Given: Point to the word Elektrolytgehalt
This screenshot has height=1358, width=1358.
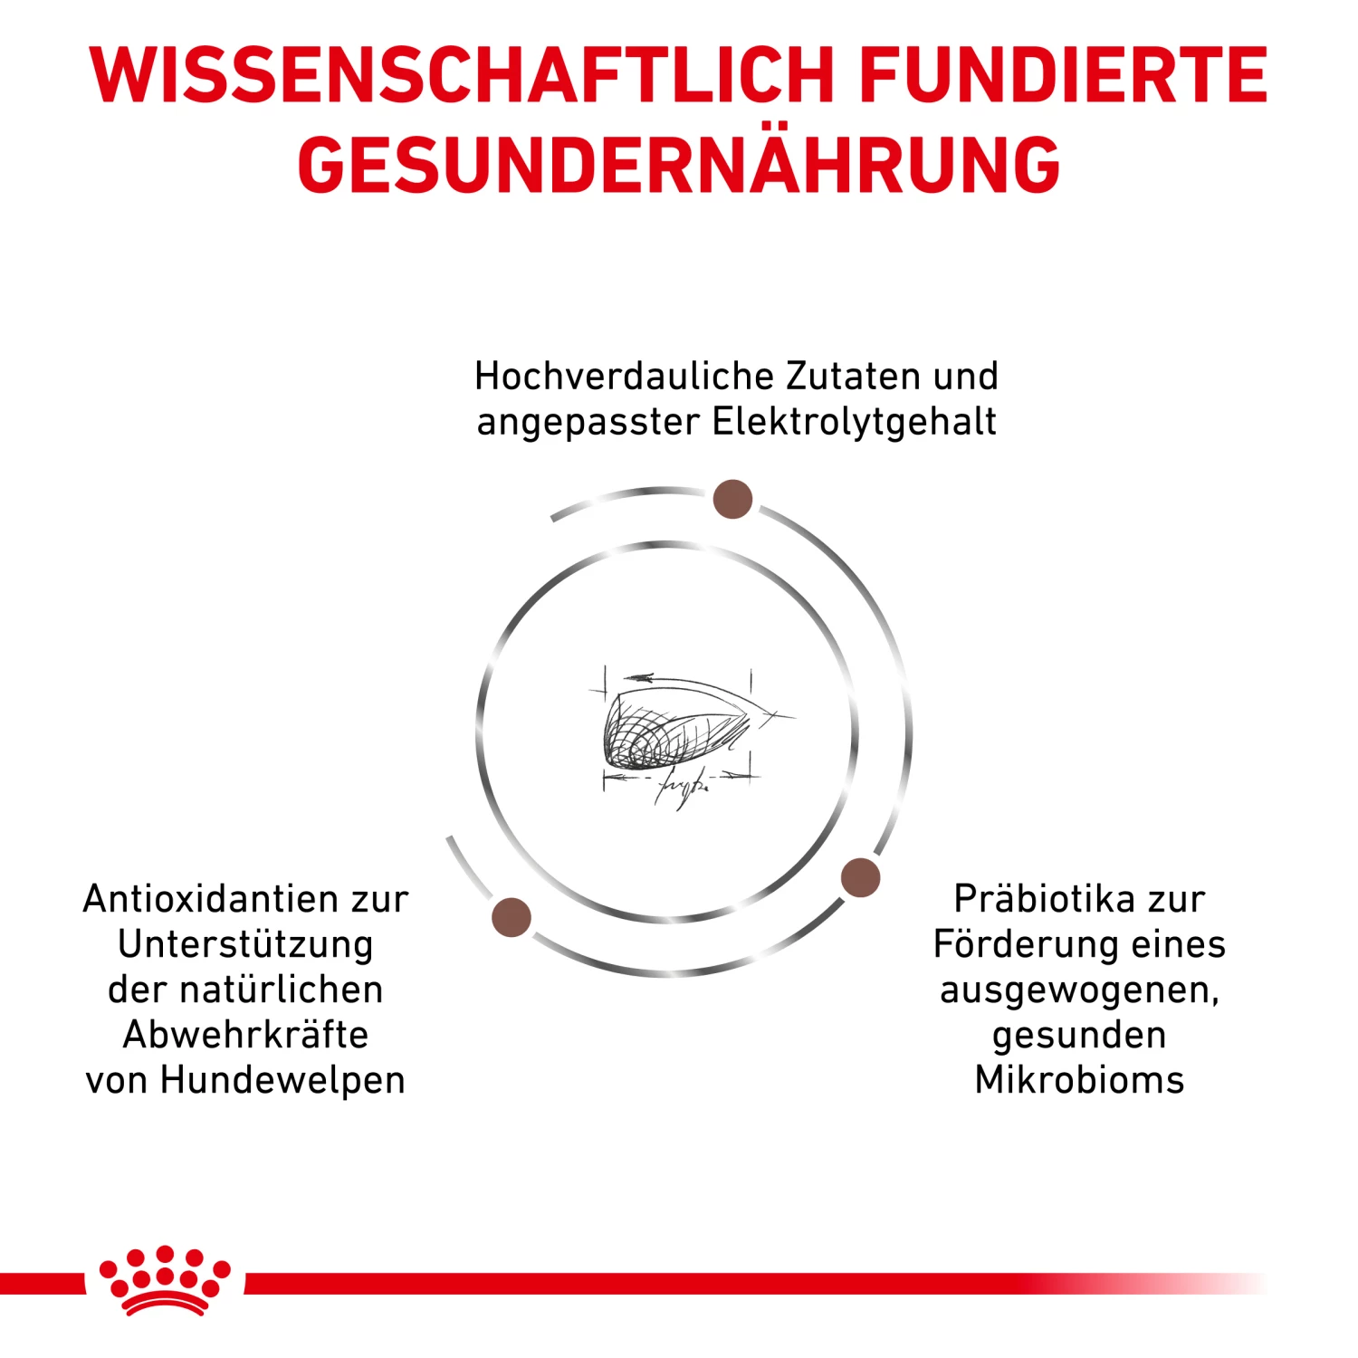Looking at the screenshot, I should (x=855, y=422).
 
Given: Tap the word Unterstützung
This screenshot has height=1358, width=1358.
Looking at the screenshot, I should (x=245, y=944).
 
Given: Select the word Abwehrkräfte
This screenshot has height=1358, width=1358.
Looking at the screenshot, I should (x=245, y=1035).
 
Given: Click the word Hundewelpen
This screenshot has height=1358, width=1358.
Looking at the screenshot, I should (x=282, y=1080).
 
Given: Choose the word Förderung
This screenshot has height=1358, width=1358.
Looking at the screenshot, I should (x=1009, y=944).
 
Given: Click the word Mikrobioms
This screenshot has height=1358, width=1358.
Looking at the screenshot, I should (x=1079, y=1080).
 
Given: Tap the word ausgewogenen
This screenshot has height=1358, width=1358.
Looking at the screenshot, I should (x=1079, y=990).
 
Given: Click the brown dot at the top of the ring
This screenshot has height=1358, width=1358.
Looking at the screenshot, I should (x=732, y=499).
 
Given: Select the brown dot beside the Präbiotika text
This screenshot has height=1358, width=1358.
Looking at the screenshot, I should (x=860, y=877).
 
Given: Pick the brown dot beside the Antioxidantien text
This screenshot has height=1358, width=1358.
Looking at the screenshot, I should (x=512, y=917).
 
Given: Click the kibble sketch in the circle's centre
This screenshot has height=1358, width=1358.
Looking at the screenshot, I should (x=674, y=729).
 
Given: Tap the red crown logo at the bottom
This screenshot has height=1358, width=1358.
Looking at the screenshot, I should (x=165, y=1279).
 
